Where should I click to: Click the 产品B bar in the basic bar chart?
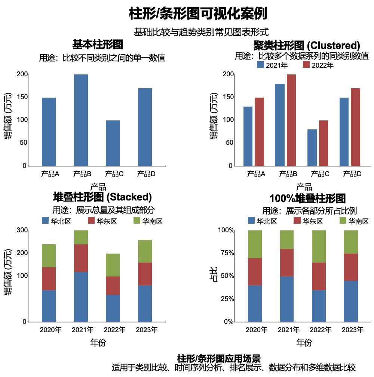click(81, 120)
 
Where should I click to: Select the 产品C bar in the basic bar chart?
click(113, 143)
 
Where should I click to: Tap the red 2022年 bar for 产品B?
click(291, 120)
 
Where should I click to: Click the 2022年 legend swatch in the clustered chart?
click(306, 65)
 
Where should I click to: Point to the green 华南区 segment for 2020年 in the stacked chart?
click(49, 255)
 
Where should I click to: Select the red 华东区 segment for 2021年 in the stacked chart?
click(81, 258)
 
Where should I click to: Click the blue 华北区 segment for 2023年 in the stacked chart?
click(145, 303)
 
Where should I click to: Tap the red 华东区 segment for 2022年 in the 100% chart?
click(319, 276)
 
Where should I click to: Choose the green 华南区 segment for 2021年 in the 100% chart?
click(287, 240)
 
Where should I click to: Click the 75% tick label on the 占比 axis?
click(226, 253)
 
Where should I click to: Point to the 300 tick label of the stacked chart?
click(22, 230)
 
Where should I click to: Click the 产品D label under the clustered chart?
click(352, 174)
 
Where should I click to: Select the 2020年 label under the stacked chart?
click(50, 330)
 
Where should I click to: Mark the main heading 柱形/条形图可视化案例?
click(198, 14)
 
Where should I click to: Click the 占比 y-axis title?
click(212, 276)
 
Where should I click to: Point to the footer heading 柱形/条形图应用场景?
click(219, 358)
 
